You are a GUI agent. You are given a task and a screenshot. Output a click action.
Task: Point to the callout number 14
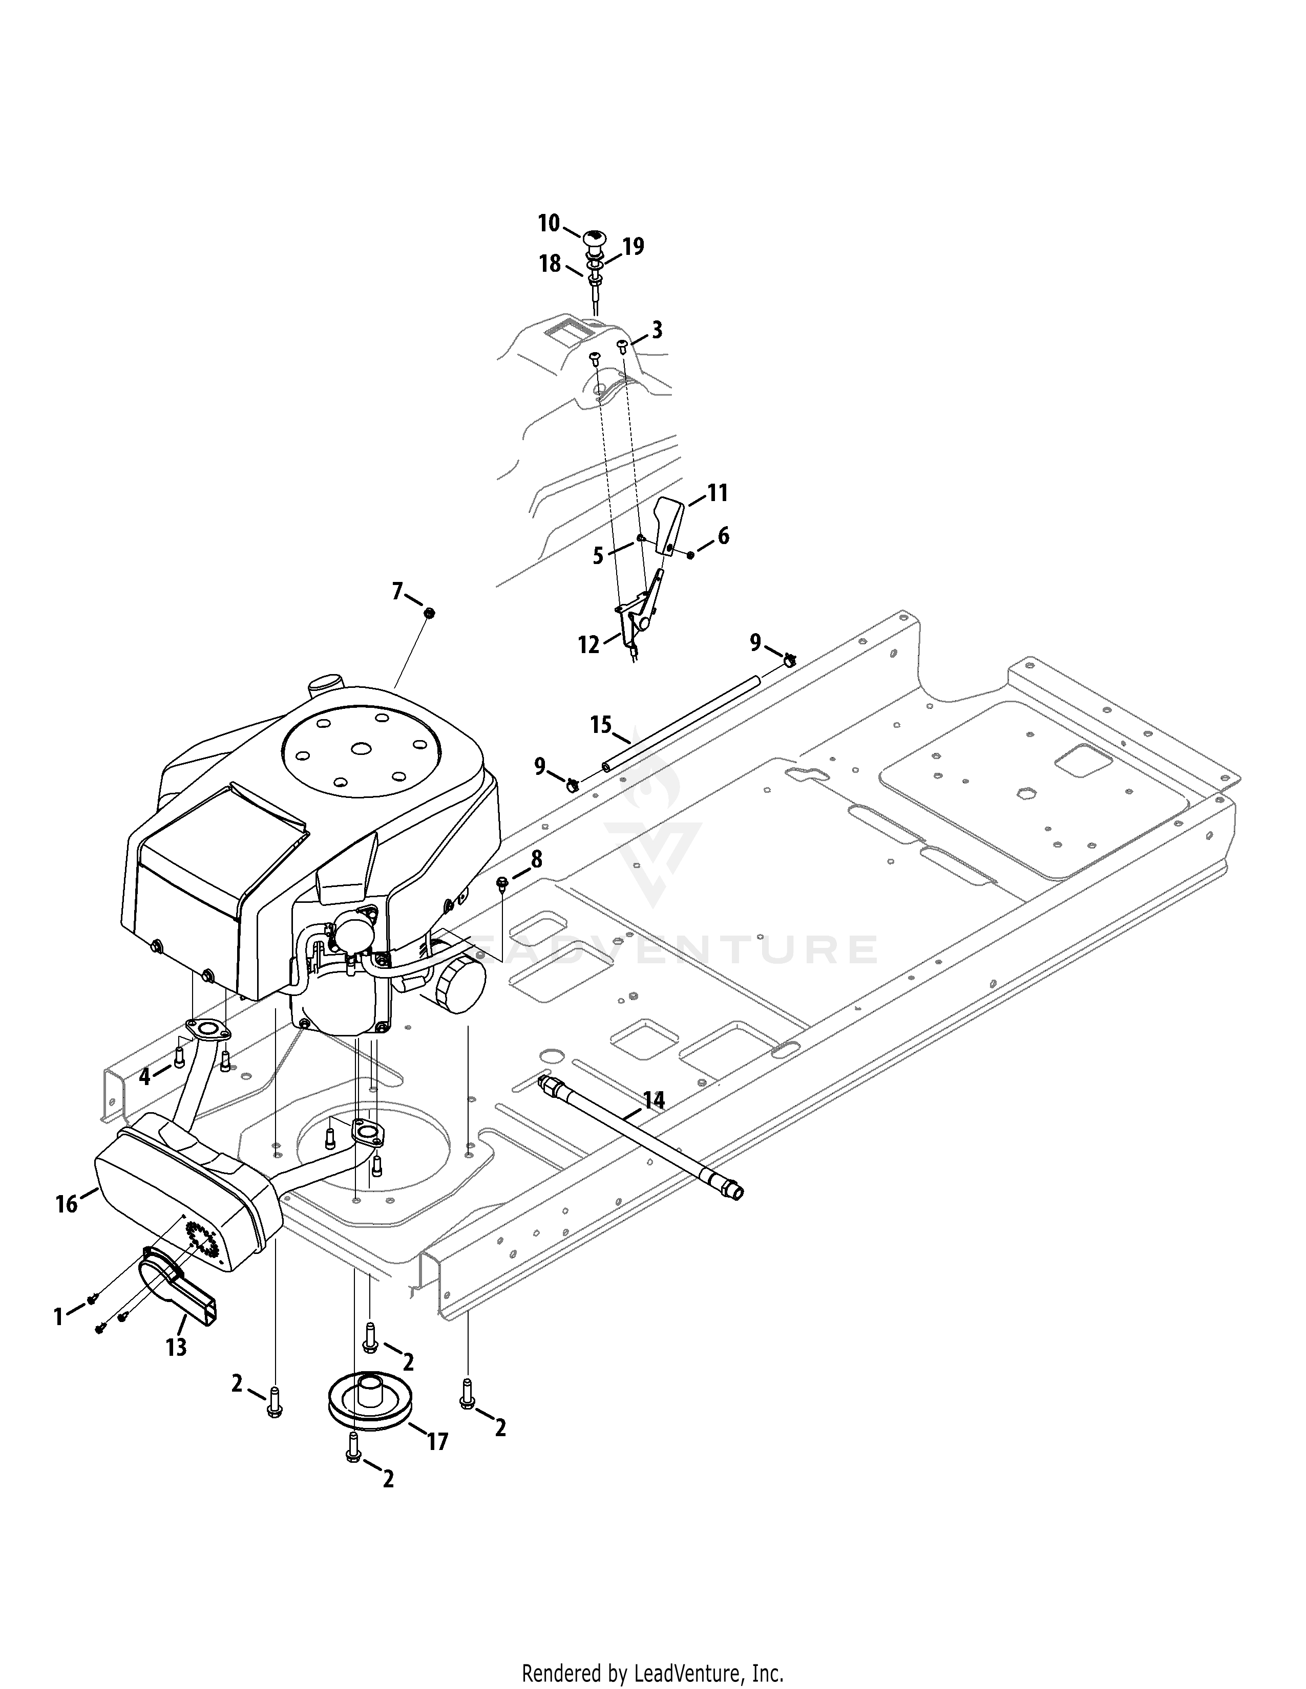point(654,1100)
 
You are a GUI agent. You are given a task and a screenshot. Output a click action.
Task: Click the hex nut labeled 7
point(431,613)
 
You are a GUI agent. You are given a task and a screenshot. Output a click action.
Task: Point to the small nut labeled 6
point(690,554)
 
